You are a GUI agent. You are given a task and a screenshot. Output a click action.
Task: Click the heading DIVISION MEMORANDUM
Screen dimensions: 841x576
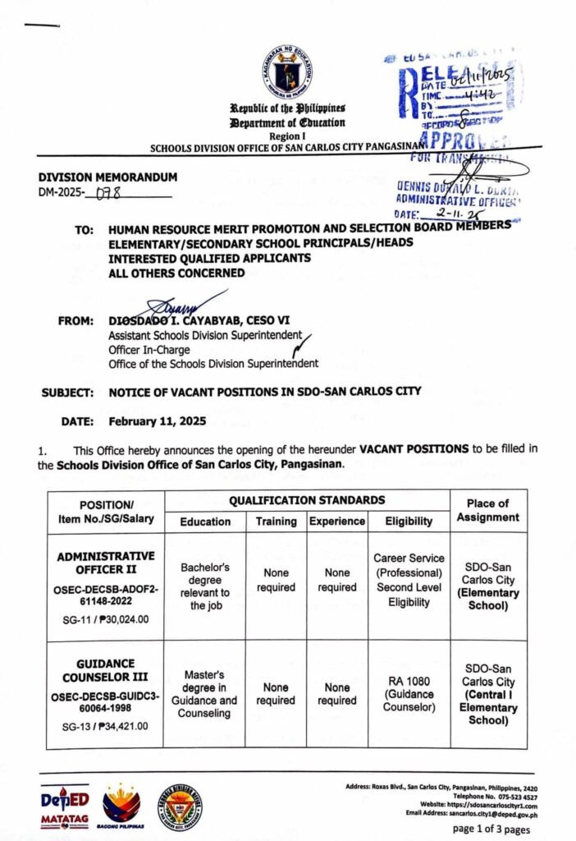pyautogui.click(x=107, y=177)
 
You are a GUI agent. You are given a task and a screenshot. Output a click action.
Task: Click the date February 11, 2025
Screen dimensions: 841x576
pyautogui.click(x=157, y=421)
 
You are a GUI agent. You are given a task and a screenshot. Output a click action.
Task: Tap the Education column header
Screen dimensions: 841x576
pyautogui.click(x=205, y=522)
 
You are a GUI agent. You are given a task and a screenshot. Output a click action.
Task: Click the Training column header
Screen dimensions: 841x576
pyautogui.click(x=276, y=522)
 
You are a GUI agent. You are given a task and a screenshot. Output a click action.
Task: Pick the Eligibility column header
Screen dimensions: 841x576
pyautogui.click(x=409, y=522)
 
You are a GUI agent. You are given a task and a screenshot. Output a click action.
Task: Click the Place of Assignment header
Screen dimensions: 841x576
pyautogui.click(x=488, y=510)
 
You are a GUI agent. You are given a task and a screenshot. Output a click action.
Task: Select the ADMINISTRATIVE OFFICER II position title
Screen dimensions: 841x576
pyautogui.click(x=106, y=563)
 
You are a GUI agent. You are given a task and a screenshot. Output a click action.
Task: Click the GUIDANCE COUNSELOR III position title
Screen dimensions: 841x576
pyautogui.click(x=106, y=670)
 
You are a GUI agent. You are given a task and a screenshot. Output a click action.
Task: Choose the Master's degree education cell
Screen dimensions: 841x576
pyautogui.click(x=205, y=694)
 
